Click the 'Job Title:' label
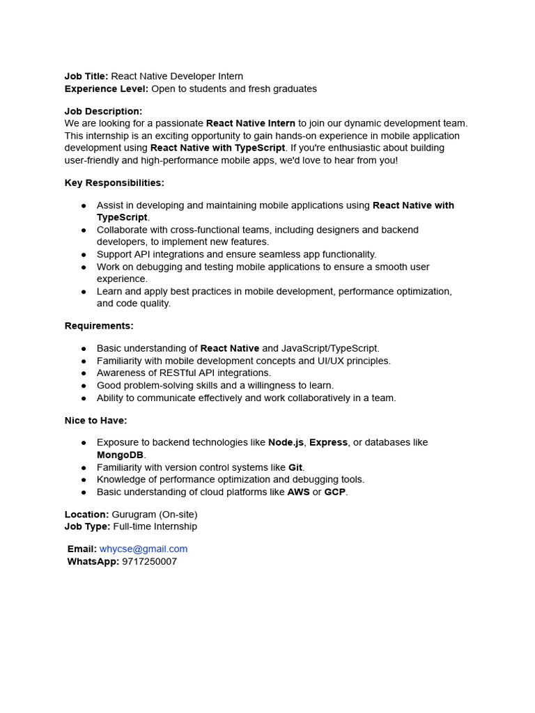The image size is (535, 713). coord(86,77)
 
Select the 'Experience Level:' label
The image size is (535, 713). coord(107,89)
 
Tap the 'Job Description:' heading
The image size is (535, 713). coord(103,111)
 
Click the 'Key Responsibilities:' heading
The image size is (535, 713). coord(114,183)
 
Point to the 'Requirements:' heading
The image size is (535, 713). coord(99,326)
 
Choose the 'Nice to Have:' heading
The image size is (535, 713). coord(95,421)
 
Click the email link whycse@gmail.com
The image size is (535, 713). coord(144,549)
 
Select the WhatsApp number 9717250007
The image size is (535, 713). coord(149,561)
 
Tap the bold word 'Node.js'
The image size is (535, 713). coord(286,443)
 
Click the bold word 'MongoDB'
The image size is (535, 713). coord(120,455)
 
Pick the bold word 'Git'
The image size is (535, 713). coord(295,467)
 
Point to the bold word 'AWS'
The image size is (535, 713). coord(298,492)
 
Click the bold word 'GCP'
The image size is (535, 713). coord(334,492)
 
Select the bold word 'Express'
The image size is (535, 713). coord(328,443)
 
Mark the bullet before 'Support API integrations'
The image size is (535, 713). coord(84,255)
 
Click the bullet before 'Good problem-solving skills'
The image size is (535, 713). coord(84,386)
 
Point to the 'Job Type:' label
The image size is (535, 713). coord(87,527)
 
